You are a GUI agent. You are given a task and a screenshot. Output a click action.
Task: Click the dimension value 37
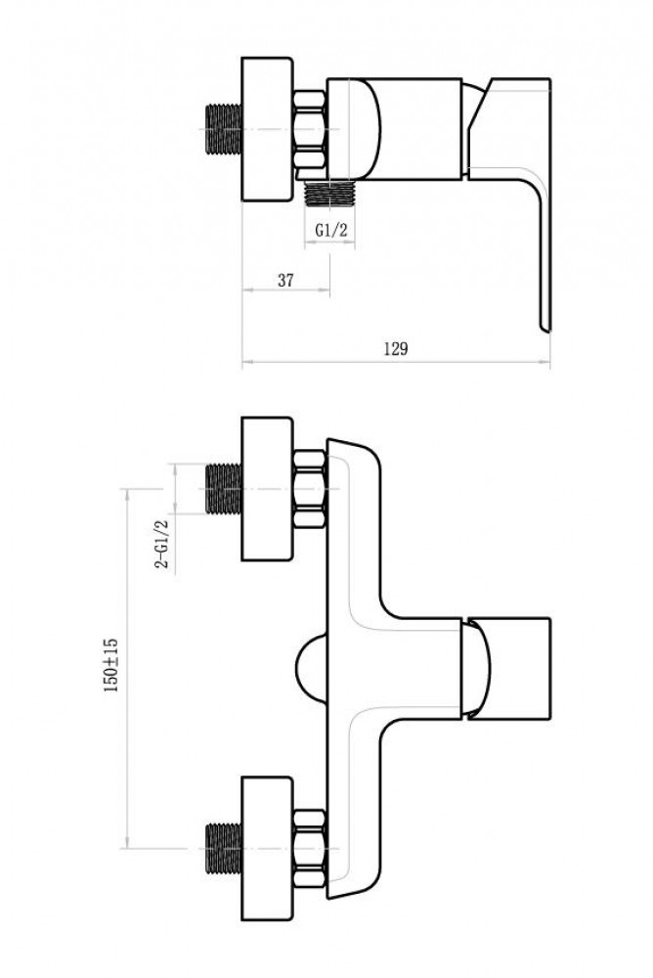[x=285, y=280]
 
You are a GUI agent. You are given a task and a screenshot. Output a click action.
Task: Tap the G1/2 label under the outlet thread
[x=330, y=230]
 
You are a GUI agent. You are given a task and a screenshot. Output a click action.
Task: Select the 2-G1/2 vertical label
[x=163, y=543]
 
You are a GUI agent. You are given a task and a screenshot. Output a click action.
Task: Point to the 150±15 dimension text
[x=111, y=664]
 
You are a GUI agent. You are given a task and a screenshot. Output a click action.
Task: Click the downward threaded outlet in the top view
[x=329, y=193]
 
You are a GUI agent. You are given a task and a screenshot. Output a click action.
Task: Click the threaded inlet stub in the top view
[x=223, y=129]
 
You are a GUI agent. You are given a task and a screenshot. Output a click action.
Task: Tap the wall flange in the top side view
[x=267, y=130]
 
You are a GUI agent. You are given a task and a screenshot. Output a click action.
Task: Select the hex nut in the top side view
[x=309, y=130]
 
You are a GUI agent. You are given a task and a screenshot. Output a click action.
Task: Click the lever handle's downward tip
[x=544, y=327]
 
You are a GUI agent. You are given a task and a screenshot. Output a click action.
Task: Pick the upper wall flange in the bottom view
[x=267, y=489]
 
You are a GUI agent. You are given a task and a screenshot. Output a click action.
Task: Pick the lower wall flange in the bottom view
[x=267, y=848]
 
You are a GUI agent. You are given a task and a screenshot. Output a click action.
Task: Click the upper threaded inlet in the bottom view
[x=223, y=489]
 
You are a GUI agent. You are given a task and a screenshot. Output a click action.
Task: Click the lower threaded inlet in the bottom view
[x=223, y=848]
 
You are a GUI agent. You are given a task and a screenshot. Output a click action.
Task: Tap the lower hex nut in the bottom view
[x=309, y=849]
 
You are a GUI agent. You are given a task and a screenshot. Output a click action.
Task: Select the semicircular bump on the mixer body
[x=311, y=669]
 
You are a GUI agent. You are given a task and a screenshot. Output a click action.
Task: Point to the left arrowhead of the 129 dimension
[x=245, y=361]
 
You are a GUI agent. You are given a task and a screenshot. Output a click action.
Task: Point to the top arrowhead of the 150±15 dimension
[x=127, y=492]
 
